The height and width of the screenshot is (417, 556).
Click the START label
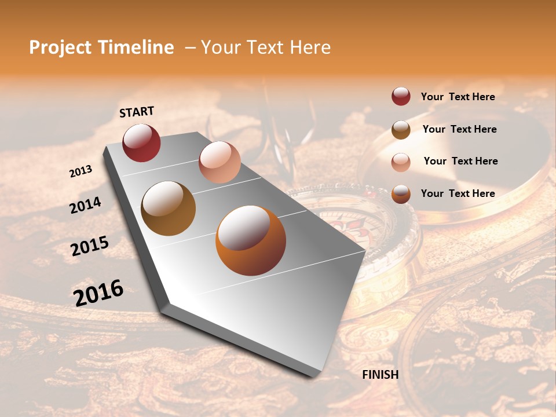137,112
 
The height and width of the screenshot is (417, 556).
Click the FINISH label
381,375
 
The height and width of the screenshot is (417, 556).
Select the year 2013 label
81,171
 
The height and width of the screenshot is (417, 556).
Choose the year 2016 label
98,292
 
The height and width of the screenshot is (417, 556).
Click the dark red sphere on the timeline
141,142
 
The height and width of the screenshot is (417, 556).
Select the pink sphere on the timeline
220,162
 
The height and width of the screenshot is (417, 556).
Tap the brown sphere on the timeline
168,209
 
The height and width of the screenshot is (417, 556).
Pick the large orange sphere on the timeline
251,240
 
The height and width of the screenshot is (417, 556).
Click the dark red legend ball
401,97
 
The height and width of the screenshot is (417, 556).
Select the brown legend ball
401,130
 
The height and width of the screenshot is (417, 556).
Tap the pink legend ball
401,162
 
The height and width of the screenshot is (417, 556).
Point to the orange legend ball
401,194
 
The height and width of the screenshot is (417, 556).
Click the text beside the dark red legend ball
458,97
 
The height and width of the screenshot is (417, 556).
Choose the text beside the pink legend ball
460,161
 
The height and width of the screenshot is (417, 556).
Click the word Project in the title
60,47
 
